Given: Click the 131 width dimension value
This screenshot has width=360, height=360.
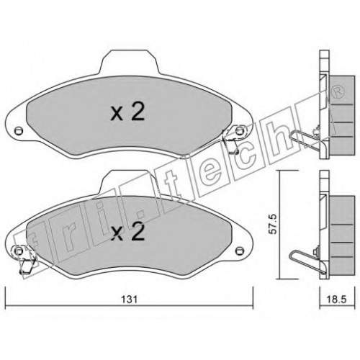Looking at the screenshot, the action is pyautogui.click(x=129, y=300).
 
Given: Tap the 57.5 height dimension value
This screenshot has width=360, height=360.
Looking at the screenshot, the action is pyautogui.click(x=274, y=224).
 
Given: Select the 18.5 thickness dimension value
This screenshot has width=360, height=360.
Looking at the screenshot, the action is pyautogui.click(x=336, y=300).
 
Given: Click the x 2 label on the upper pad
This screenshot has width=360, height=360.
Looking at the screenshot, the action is pyautogui.click(x=127, y=112).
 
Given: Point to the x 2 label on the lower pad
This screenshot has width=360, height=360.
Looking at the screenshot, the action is pyautogui.click(x=127, y=232).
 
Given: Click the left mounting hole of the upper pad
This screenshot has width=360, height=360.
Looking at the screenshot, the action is pyautogui.click(x=18, y=131).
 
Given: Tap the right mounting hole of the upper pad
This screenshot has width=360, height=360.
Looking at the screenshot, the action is pyautogui.click(x=239, y=131).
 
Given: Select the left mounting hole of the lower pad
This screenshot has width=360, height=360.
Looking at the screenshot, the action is pyautogui.click(x=18, y=251).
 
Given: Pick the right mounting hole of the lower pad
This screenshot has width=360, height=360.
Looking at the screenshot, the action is pyautogui.click(x=239, y=251).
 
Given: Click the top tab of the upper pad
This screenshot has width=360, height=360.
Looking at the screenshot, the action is pyautogui.click(x=130, y=62).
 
